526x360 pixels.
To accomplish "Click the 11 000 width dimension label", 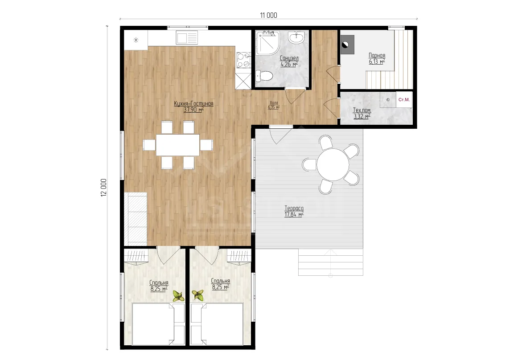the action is pyautogui.click(x=268, y=15).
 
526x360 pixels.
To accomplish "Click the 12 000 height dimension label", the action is pyautogui.click(x=104, y=188).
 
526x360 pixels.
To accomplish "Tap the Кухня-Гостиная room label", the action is pyautogui.click(x=193, y=104).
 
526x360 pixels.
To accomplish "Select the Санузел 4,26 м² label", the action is pyautogui.click(x=289, y=61).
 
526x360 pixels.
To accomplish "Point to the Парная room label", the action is pyautogui.click(x=377, y=55).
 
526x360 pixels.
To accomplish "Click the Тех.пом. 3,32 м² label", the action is pyautogui.click(x=362, y=113).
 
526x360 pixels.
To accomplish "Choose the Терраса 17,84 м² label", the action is pyautogui.click(x=294, y=211).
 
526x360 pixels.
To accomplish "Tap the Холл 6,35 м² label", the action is pyautogui.click(x=274, y=105).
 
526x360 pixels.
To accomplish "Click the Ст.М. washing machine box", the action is pyautogui.click(x=404, y=99).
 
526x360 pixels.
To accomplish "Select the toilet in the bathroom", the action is pyautogui.click(x=264, y=76).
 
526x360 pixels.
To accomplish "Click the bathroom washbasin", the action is pyautogui.click(x=297, y=37).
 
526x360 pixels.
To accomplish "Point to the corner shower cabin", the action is pyautogui.click(x=267, y=43).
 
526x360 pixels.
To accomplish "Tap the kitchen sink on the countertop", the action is pyautogui.click(x=187, y=37).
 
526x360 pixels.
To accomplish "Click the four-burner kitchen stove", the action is pyautogui.click(x=243, y=60).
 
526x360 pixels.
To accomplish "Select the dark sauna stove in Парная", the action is pyautogui.click(x=347, y=45).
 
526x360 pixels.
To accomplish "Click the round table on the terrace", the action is pyautogui.click(x=333, y=164).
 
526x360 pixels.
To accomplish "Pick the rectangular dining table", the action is pyautogui.click(x=178, y=145).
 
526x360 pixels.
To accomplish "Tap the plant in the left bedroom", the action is pyautogui.click(x=178, y=296).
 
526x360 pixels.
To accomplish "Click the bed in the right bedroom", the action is pyautogui.click(x=217, y=324).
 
